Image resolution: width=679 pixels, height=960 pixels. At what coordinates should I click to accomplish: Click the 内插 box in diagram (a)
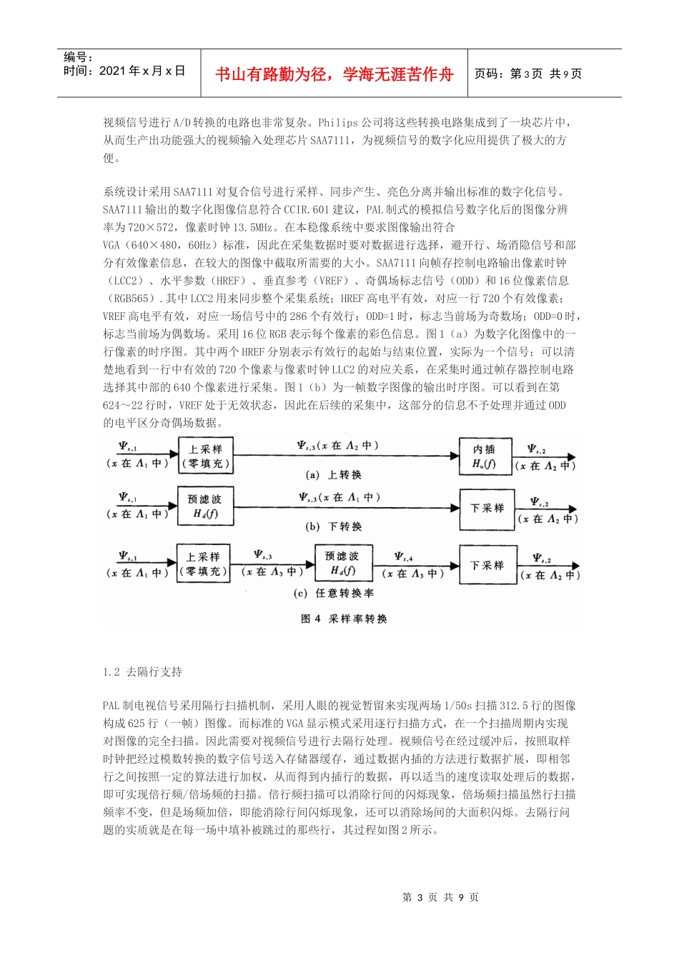484,456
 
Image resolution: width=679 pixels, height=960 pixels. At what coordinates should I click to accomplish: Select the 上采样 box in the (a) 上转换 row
206,456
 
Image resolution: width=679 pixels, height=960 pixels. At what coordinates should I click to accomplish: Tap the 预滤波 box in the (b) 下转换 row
205,506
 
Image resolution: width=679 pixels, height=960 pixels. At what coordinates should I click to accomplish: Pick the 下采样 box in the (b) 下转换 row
487,509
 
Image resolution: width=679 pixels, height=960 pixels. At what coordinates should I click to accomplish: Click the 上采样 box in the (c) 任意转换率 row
204,564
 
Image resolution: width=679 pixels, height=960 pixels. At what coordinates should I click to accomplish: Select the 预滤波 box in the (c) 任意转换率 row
342,563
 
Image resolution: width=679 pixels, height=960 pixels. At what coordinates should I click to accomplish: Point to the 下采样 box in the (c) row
487,565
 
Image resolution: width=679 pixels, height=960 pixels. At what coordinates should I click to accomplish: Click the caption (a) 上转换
333,475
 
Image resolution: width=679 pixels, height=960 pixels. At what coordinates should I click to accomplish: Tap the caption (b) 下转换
333,526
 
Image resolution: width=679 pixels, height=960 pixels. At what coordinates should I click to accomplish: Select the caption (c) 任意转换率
333,593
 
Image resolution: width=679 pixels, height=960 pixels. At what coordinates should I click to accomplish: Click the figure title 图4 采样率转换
344,619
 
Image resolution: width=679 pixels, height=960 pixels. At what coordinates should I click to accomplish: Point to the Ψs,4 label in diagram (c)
404,557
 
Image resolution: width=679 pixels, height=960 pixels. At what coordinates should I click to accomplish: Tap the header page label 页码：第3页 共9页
528,74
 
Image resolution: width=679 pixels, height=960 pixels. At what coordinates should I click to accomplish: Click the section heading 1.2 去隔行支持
142,671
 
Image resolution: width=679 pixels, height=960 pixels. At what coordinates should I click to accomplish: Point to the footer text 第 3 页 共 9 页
440,897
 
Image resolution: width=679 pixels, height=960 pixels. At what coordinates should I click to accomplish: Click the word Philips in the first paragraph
338,122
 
